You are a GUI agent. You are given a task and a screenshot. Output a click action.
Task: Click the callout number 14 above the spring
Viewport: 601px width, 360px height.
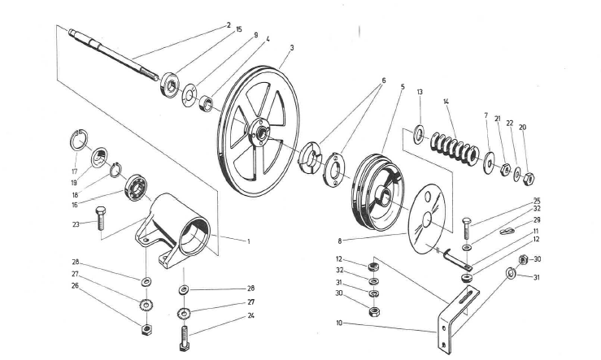[x=446, y=101]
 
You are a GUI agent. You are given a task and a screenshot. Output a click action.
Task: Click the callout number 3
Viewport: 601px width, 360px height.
[x=292, y=48]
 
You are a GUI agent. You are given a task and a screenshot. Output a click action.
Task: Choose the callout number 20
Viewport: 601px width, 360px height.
[x=522, y=128]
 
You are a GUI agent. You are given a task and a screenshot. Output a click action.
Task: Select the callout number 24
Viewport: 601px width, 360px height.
[x=252, y=314]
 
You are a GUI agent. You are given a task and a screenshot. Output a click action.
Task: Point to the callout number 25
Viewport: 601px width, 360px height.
[x=538, y=201]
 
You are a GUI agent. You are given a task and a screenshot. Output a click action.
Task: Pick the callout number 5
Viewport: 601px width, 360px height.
[x=402, y=86]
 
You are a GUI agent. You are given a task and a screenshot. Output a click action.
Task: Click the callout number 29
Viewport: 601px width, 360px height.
[x=538, y=220]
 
